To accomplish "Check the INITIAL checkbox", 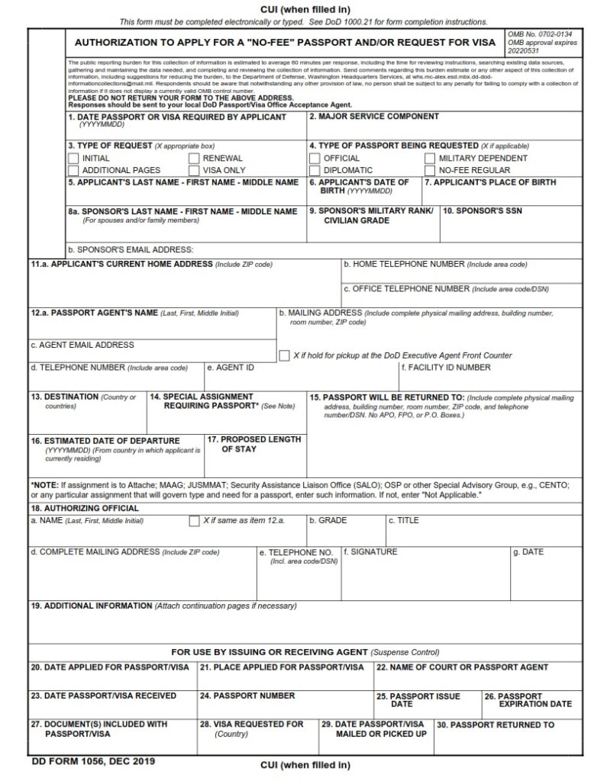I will pos(73,159).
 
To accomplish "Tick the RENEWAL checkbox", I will pos(194,159).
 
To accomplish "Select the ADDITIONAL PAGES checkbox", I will pos(73,170).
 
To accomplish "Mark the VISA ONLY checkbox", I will pos(194,170).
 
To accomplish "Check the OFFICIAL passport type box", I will pos(315,159).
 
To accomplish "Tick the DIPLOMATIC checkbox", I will pos(315,170).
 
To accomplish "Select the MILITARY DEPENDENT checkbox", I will pos(430,159).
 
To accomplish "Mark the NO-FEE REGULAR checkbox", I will pos(430,170).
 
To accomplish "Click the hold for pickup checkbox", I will pos(284,355).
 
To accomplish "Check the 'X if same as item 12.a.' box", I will pos(194,521).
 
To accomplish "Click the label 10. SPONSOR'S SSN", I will pos(483,211).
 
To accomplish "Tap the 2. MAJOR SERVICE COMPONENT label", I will pos(373,117).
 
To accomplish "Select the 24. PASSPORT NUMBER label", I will pos(247,696).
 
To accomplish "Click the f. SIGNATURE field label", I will pos(370,551).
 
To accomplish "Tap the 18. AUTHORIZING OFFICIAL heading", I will pos(84,508).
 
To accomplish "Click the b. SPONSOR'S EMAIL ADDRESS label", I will pos(130,249).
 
